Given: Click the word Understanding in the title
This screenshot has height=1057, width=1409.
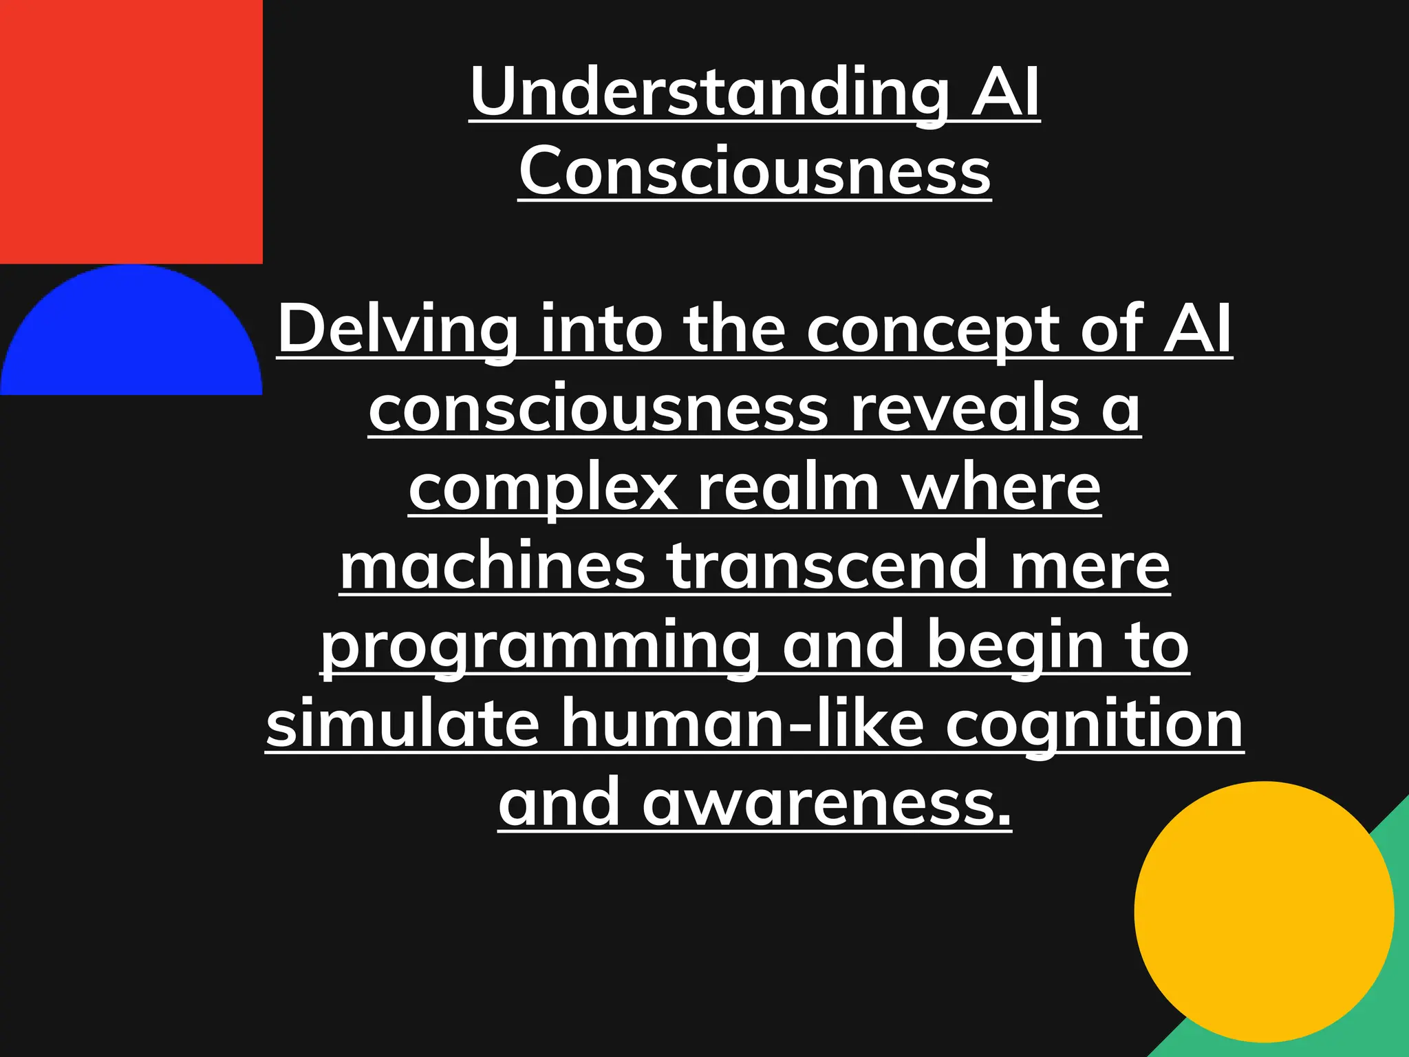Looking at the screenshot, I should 709,93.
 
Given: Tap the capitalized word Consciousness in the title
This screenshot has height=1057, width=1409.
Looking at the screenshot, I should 754,171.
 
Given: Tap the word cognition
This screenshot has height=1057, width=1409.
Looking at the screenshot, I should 1094,724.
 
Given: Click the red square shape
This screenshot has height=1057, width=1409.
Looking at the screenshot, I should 131,131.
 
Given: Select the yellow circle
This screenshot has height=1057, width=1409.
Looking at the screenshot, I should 1264,911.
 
